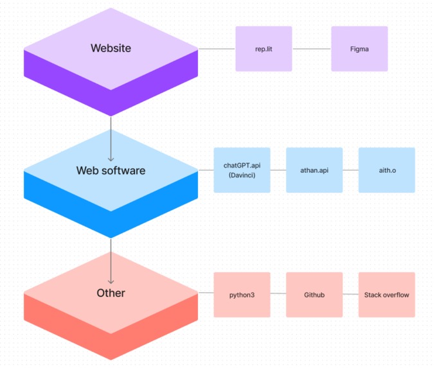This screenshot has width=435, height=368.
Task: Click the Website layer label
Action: coord(111,48)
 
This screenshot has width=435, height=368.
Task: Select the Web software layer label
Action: coord(111,170)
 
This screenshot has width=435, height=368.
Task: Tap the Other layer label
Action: coord(111,293)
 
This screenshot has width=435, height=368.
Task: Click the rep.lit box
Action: coord(263,49)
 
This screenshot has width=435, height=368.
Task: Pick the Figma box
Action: coord(359,49)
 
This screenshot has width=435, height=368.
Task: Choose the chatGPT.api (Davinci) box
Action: coord(242,170)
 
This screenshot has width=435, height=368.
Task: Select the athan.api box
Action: coord(314,170)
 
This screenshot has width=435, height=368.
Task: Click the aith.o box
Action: coord(386,170)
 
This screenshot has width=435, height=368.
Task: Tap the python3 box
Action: coord(242,295)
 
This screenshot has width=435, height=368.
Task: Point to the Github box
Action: coord(314,295)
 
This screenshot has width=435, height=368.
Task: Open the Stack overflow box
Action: coord(386,295)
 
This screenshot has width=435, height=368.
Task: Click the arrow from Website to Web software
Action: coord(111,138)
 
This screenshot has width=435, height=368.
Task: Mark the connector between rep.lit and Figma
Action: coord(312,49)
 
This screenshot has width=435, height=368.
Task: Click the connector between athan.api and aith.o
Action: coord(350,170)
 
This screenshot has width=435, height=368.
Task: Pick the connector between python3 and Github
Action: coord(278,295)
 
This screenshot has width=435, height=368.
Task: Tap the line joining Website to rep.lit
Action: coord(217,49)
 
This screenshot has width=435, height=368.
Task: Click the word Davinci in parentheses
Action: coord(242,175)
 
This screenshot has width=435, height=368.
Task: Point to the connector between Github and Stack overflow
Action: coord(350,295)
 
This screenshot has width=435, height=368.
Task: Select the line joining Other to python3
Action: coord(206,295)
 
